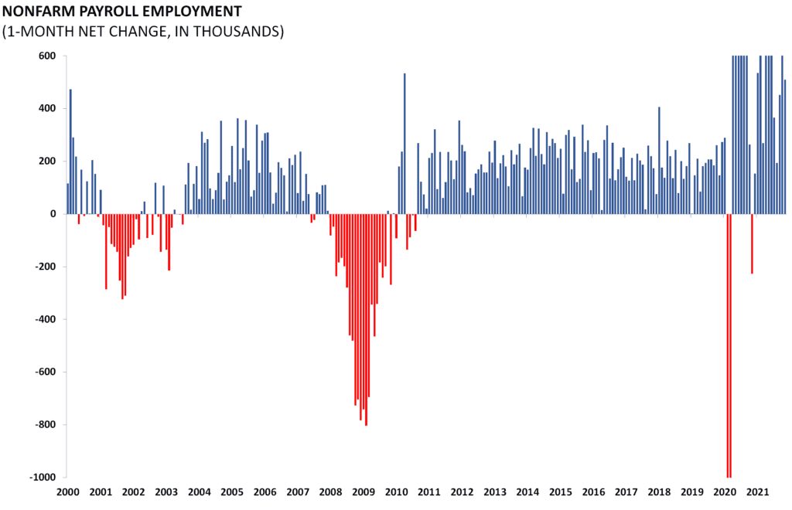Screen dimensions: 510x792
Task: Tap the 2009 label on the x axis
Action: [x=363, y=492]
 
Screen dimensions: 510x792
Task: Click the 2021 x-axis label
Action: [x=757, y=492]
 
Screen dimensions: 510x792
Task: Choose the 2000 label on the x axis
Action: [x=67, y=492]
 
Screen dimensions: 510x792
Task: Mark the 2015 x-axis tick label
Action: [x=560, y=492]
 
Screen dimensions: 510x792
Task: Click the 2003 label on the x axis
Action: [x=166, y=492]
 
